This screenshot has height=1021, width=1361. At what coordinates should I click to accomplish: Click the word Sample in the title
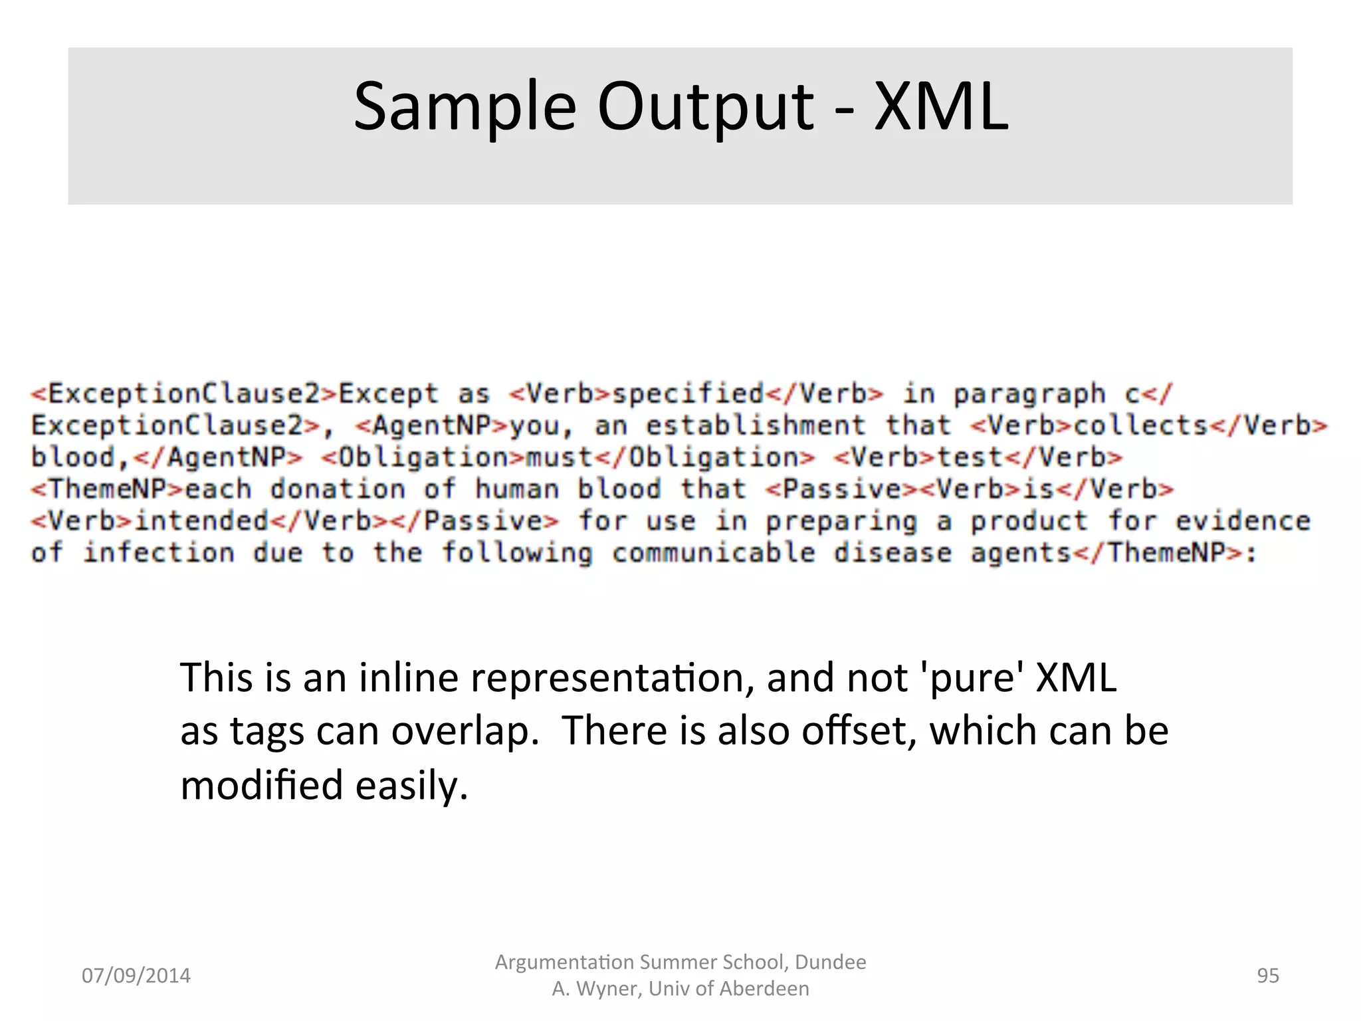(465, 107)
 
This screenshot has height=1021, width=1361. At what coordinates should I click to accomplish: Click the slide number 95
(1267, 975)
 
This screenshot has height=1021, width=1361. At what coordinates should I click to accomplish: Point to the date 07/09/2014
(136, 975)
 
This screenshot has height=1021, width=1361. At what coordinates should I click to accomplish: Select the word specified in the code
(687, 394)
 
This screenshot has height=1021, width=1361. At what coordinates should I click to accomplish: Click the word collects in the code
(1140, 425)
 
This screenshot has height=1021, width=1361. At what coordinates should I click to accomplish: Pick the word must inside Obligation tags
(559, 457)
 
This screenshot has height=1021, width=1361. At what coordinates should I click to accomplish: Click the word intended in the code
(201, 521)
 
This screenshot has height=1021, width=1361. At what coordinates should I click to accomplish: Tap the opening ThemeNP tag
(107, 489)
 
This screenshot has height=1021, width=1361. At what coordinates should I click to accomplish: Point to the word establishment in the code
(756, 425)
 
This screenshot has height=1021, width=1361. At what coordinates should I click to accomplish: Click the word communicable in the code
(713, 553)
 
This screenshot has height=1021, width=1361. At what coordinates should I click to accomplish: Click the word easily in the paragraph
(411, 786)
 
